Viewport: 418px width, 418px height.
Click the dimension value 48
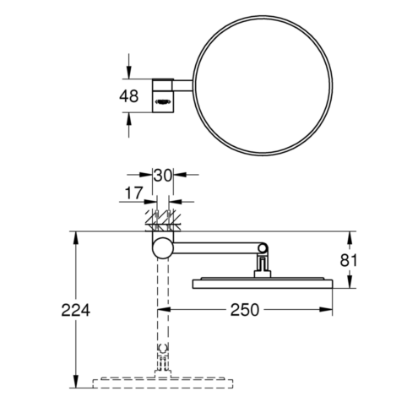click(x=128, y=96)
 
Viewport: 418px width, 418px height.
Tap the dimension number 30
click(x=163, y=176)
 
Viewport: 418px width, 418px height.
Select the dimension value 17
click(x=133, y=193)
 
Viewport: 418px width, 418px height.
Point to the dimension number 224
click(x=76, y=310)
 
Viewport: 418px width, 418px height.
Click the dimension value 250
click(x=245, y=310)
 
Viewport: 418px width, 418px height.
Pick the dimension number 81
click(x=348, y=260)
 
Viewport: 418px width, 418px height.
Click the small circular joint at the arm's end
click(x=263, y=248)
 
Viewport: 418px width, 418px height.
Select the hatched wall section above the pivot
click(x=163, y=220)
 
